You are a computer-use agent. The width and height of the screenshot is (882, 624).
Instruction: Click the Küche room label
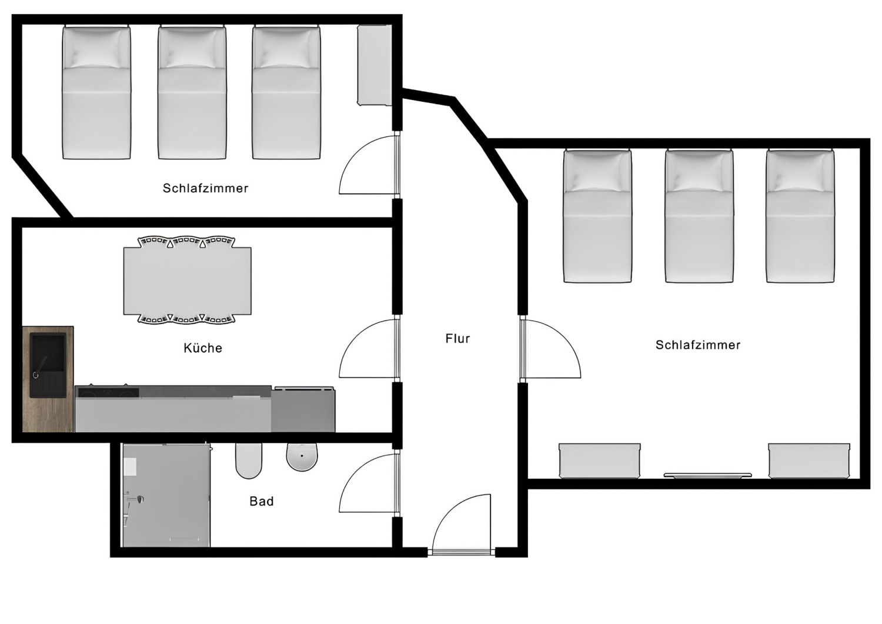[x=203, y=348]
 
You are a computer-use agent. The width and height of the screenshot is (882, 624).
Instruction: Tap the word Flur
[x=457, y=339]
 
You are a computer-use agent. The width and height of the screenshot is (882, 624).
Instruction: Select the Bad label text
[x=262, y=501]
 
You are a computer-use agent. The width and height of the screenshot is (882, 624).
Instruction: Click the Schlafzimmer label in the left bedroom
[x=205, y=188]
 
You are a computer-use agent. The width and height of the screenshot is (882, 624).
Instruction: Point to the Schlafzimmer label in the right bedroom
[x=698, y=345]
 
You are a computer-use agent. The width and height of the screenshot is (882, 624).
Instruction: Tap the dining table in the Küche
[x=187, y=281]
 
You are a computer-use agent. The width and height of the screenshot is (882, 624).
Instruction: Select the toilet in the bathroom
[x=248, y=461]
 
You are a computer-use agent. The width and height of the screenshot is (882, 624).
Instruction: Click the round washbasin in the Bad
[x=302, y=457]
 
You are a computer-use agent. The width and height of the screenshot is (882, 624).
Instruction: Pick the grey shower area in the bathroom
[x=166, y=495]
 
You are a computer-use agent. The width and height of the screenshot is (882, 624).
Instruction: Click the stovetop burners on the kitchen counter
[x=108, y=391]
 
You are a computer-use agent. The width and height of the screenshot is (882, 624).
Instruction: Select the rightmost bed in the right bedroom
[x=800, y=216]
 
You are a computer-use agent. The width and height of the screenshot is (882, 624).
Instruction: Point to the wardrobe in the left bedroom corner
[x=375, y=65]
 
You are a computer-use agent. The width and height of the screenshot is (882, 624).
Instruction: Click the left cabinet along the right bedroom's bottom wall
[x=599, y=461]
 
